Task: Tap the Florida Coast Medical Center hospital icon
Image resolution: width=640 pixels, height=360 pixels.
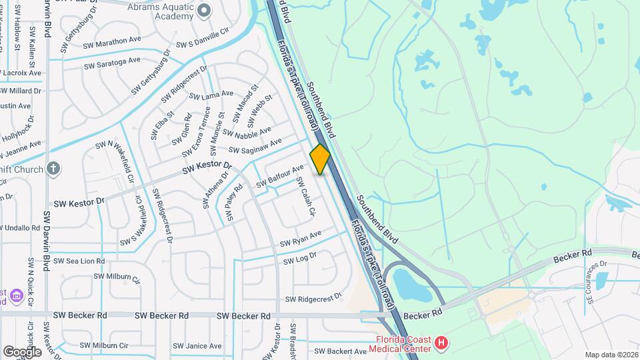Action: click(441, 343)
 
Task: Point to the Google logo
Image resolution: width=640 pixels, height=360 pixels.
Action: click(22, 351)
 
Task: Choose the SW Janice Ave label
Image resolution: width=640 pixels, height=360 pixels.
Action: click(197, 346)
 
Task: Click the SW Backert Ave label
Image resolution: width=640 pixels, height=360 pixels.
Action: click(340, 351)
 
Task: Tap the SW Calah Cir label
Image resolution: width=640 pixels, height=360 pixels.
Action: click(305, 198)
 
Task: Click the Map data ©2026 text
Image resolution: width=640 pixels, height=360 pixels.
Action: click(611, 355)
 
